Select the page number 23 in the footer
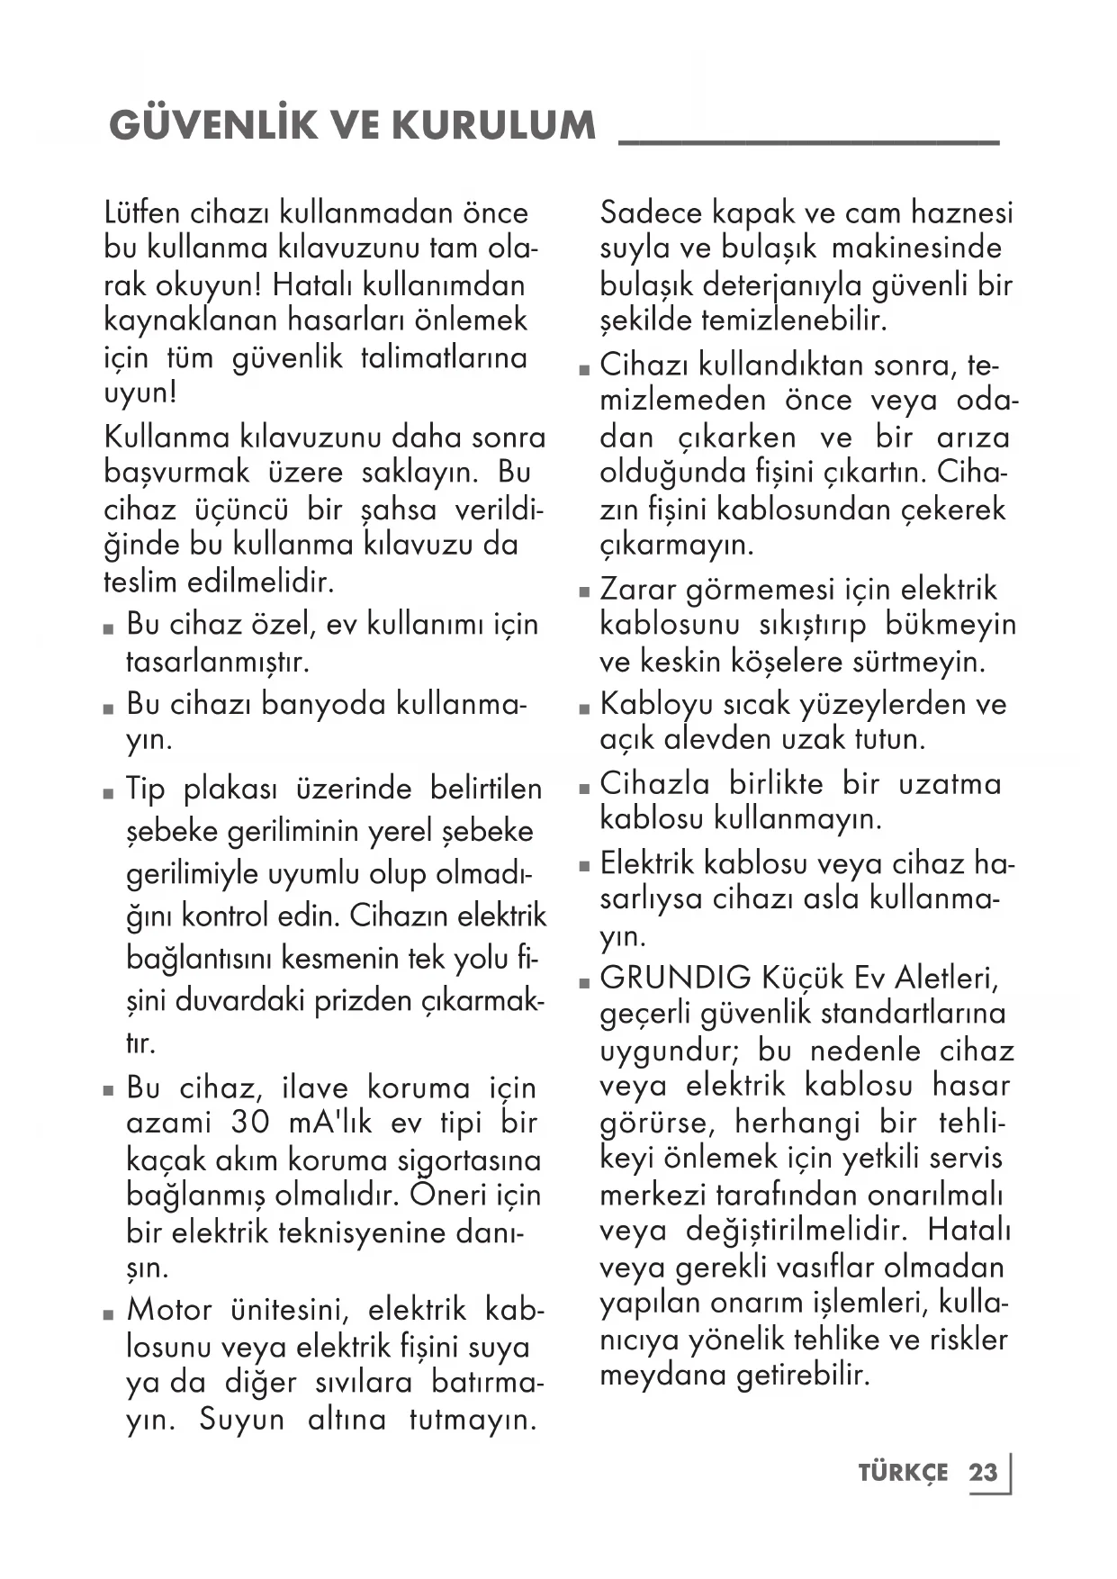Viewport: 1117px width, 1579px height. (983, 1473)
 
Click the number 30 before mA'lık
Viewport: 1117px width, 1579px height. (250, 1123)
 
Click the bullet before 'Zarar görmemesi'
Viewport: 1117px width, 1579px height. (584, 593)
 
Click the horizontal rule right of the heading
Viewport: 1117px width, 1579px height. (809, 141)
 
